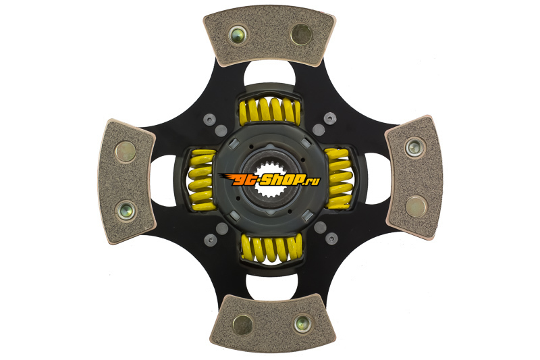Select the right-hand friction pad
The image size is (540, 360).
[414, 178]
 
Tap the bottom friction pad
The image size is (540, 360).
[272, 322]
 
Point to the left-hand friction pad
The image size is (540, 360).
[126, 182]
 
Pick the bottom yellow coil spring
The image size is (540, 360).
[272, 248]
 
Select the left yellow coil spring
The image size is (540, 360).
[202, 180]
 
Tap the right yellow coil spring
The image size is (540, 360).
[339, 179]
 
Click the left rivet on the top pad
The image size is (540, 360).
[237, 34]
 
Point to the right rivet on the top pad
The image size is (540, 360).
[301, 34]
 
